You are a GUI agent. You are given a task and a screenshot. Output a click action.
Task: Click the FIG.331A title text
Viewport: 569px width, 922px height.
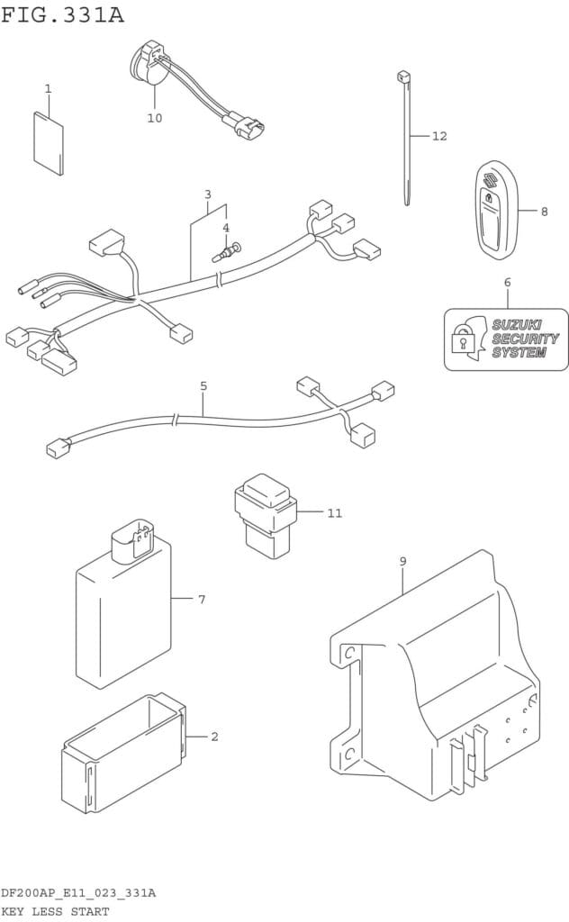[x=63, y=15]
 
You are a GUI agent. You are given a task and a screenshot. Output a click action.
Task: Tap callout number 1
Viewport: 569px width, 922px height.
[x=48, y=88]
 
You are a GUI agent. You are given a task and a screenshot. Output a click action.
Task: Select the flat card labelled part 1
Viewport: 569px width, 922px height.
[x=49, y=142]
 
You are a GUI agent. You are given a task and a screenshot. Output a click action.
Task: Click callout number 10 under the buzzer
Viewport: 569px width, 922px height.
[x=154, y=118]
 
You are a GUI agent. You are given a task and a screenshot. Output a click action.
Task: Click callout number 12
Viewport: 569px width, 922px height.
[x=439, y=136]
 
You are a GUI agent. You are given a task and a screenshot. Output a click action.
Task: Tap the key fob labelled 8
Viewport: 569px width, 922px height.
[x=494, y=209]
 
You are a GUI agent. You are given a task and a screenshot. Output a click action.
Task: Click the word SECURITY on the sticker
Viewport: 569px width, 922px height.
[x=525, y=339]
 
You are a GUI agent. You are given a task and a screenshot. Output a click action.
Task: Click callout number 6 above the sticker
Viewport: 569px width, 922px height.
[x=507, y=283]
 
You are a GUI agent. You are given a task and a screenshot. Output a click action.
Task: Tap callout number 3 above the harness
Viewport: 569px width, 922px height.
[x=208, y=194]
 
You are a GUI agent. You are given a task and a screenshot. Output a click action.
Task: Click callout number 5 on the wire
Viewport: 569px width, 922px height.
[x=203, y=386]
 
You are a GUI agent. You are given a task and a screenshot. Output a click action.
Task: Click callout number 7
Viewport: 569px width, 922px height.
[x=202, y=599]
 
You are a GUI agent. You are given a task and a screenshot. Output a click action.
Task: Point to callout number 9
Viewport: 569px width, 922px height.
[x=402, y=562]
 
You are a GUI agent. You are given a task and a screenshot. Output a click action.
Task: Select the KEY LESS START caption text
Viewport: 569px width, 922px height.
[x=55, y=911]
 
